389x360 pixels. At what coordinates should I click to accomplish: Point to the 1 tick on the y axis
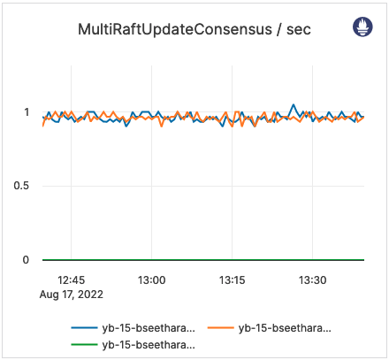point(27,112)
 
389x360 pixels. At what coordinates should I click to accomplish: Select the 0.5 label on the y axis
point(23,186)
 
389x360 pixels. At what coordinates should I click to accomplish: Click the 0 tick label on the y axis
point(27,260)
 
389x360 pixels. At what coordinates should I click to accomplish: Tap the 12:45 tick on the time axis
point(72,280)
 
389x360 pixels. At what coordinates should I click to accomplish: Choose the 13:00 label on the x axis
point(152,280)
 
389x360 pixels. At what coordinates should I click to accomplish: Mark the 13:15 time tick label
point(233,280)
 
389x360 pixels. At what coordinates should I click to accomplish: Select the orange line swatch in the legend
point(221,328)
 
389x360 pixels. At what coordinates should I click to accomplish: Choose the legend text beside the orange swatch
point(286,328)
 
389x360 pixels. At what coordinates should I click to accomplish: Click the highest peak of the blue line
point(294,104)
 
